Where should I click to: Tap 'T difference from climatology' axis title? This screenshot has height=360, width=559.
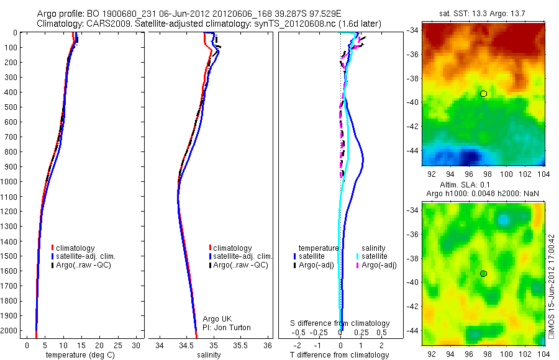click(340, 355)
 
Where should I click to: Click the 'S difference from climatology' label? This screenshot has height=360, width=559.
click(340, 323)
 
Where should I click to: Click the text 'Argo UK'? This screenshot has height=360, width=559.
click(217, 319)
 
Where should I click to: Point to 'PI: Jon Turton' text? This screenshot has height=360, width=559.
click(227, 328)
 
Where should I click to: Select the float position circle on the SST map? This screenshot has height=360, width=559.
click(483, 94)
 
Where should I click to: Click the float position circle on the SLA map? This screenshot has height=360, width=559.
click(483, 274)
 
